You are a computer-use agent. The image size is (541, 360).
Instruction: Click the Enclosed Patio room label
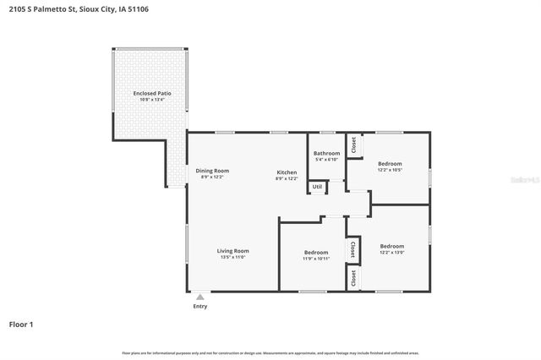point(149,92)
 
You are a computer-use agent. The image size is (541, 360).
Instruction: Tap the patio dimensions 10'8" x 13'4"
point(149,100)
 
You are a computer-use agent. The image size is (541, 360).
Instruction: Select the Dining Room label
point(213,170)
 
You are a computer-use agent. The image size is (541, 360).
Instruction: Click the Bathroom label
point(327,153)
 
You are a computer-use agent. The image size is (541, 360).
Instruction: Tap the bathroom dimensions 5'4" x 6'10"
point(327,160)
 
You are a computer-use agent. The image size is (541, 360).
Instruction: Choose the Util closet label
point(317,186)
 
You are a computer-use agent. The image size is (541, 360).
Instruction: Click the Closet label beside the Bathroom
point(354,145)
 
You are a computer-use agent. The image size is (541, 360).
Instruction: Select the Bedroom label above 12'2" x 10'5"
point(390,163)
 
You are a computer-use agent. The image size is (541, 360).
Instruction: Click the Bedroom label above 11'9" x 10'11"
point(316,252)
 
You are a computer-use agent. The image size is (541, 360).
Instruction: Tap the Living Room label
point(232,250)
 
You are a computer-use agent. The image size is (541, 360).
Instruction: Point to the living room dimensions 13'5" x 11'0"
point(232,258)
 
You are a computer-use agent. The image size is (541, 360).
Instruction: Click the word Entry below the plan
point(199,306)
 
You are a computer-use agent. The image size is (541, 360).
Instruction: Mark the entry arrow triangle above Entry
point(199,297)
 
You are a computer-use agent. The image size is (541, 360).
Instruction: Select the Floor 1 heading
point(21,324)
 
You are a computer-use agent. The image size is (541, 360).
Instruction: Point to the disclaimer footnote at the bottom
point(270,352)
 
